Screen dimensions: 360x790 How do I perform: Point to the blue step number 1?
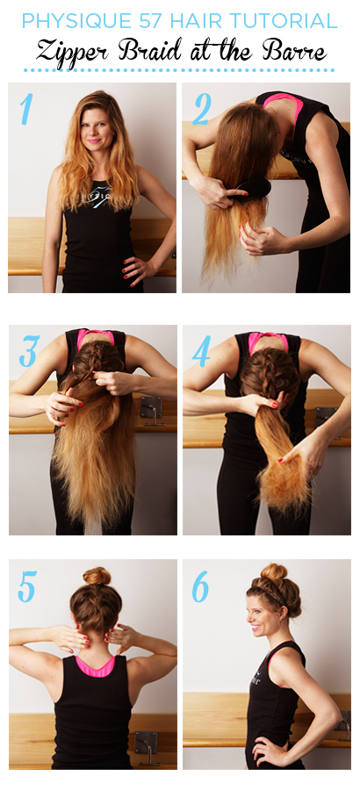26,109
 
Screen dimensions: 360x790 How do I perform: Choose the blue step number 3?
29,350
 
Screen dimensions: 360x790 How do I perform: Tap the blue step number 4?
202,350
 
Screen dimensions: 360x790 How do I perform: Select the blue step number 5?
27,586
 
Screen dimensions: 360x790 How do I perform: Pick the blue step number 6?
201,586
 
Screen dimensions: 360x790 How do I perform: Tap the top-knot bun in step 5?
97,575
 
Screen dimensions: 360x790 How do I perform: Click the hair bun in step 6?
274,571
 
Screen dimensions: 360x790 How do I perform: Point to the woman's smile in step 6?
256,628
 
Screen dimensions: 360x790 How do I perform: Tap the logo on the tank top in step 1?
99,196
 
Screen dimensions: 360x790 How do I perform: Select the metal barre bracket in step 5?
146,745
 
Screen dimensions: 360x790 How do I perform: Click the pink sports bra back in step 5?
95,665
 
